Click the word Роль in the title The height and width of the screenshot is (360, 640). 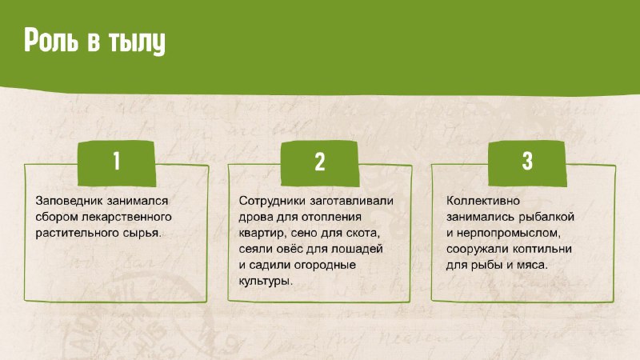point(50,40)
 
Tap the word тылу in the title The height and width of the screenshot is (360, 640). point(137,42)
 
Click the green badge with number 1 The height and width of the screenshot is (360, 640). point(116,163)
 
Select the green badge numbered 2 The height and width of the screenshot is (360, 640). point(319,163)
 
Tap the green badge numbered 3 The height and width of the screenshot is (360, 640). point(527,163)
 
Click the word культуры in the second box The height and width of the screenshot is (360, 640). point(266,282)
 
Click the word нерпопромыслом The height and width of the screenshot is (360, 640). point(509,234)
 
